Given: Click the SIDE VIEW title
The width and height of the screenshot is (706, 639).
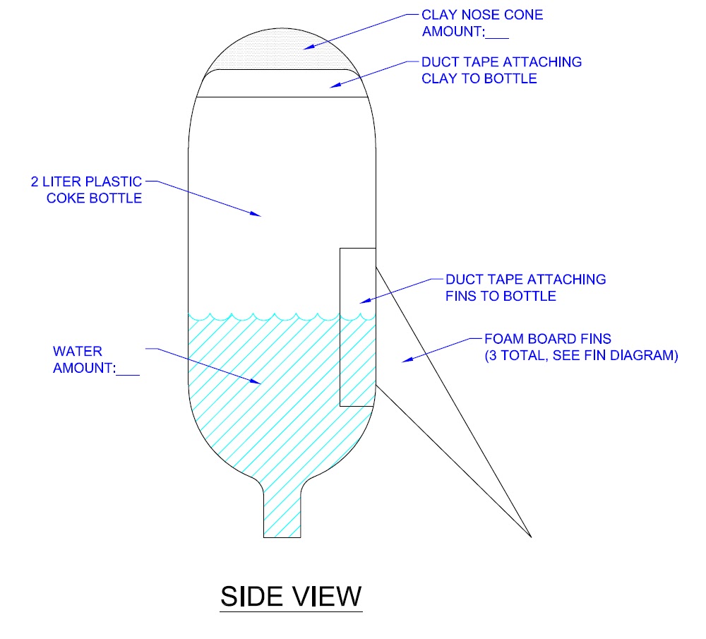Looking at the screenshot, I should (x=291, y=596).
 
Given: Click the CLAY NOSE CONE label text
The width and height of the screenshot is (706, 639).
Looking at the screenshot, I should (x=482, y=15).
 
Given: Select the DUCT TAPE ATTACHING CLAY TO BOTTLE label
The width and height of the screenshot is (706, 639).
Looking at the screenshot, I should (x=501, y=70).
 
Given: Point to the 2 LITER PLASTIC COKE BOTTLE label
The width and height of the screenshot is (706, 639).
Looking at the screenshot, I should (x=86, y=189).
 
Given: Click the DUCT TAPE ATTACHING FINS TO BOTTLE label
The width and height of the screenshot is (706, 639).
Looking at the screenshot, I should (x=525, y=287).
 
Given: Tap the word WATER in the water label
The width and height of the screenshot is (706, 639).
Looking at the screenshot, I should (x=78, y=351).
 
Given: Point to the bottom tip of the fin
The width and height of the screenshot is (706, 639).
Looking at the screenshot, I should (x=529, y=537).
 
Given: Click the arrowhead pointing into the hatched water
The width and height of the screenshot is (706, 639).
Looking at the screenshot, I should (x=258, y=382).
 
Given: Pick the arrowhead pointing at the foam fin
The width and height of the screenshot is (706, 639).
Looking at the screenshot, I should (x=405, y=362).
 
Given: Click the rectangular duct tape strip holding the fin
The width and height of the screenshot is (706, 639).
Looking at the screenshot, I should (x=357, y=326).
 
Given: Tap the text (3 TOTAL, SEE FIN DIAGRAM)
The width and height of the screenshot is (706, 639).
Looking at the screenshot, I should (x=580, y=357).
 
